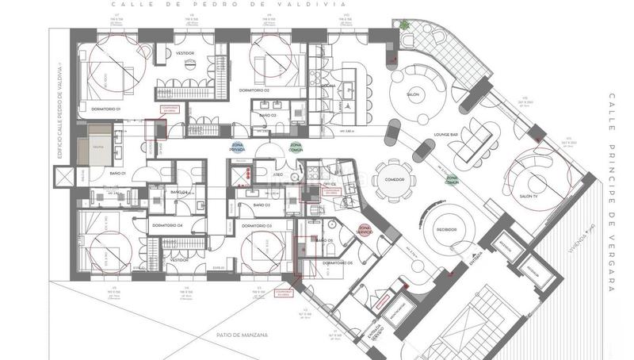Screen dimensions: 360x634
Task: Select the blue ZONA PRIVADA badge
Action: click(x=237, y=147)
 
